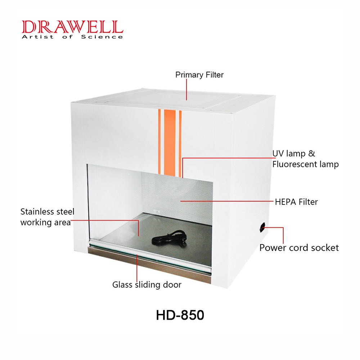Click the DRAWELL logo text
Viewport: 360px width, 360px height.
point(73,27)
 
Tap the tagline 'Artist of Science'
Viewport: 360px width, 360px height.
point(72,37)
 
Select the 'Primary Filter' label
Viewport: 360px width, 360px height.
point(199,75)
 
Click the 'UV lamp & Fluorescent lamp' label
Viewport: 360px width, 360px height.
point(305,159)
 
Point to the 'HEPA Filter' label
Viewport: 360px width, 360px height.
point(296,202)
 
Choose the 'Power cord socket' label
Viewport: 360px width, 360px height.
point(299,248)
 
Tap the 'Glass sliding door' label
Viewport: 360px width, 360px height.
point(147,285)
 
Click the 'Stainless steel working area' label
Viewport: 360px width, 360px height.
point(47,217)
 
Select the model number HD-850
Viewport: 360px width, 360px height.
point(180,315)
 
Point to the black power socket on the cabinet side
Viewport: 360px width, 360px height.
point(262,227)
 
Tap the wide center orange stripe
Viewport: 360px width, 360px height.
point(170,143)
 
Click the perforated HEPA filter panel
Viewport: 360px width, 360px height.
point(177,197)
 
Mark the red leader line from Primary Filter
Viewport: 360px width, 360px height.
point(186,90)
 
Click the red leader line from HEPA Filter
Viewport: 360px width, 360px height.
point(227,201)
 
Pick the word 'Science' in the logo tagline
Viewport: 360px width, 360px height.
point(102,37)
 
